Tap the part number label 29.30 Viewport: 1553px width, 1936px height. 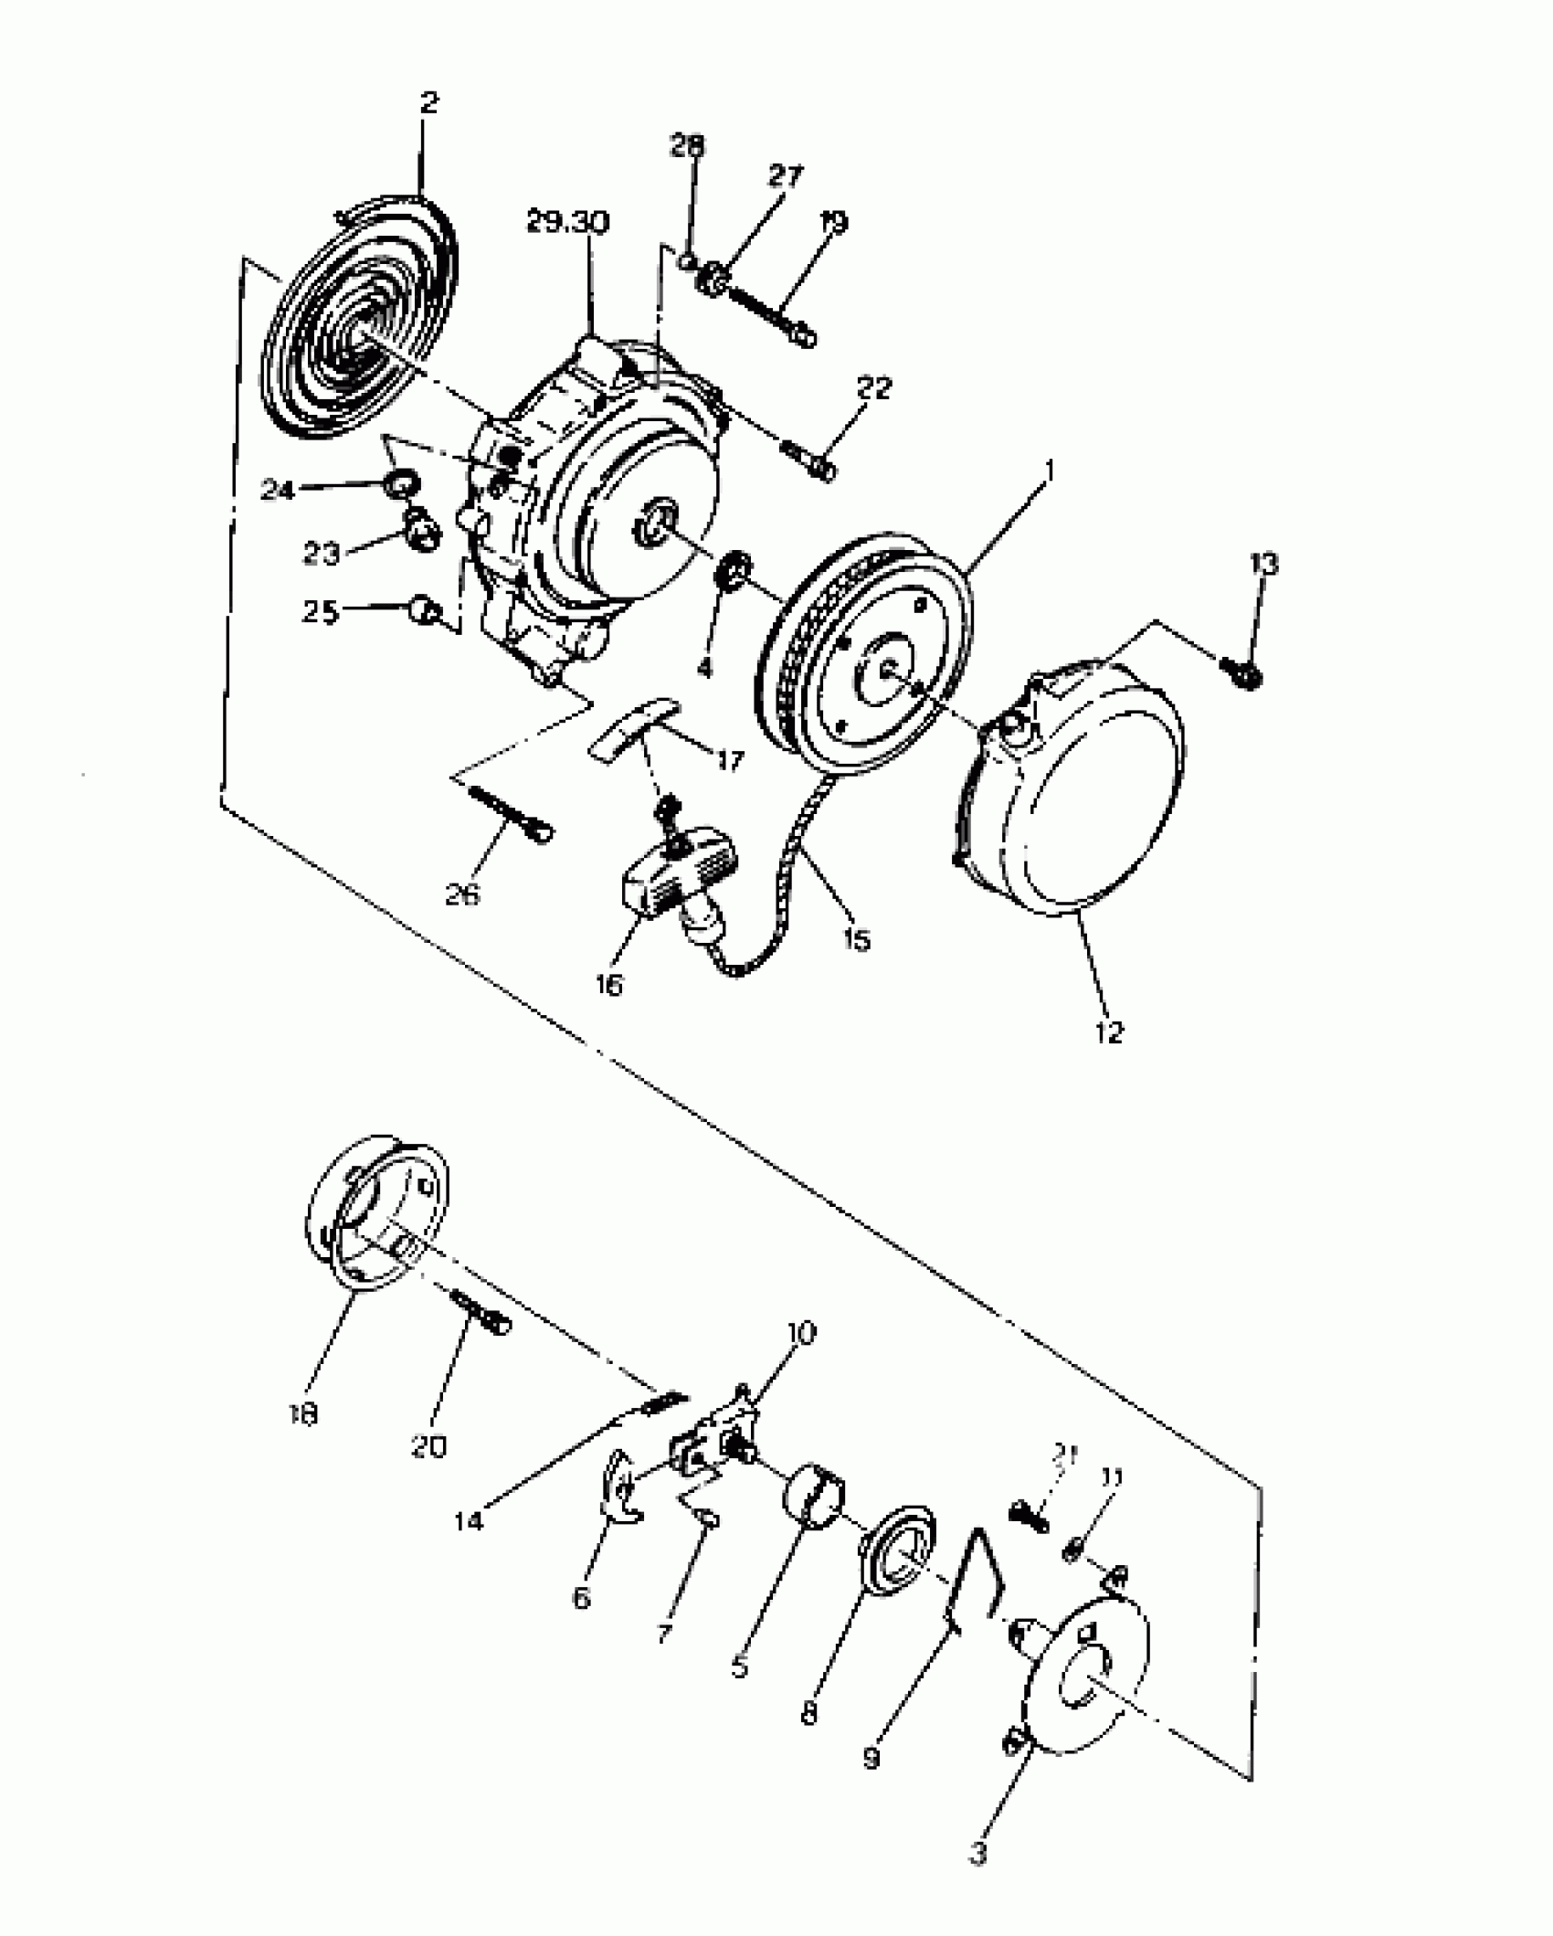[568, 223]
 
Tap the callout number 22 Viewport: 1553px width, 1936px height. [873, 388]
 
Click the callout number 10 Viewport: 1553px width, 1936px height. [800, 1333]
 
